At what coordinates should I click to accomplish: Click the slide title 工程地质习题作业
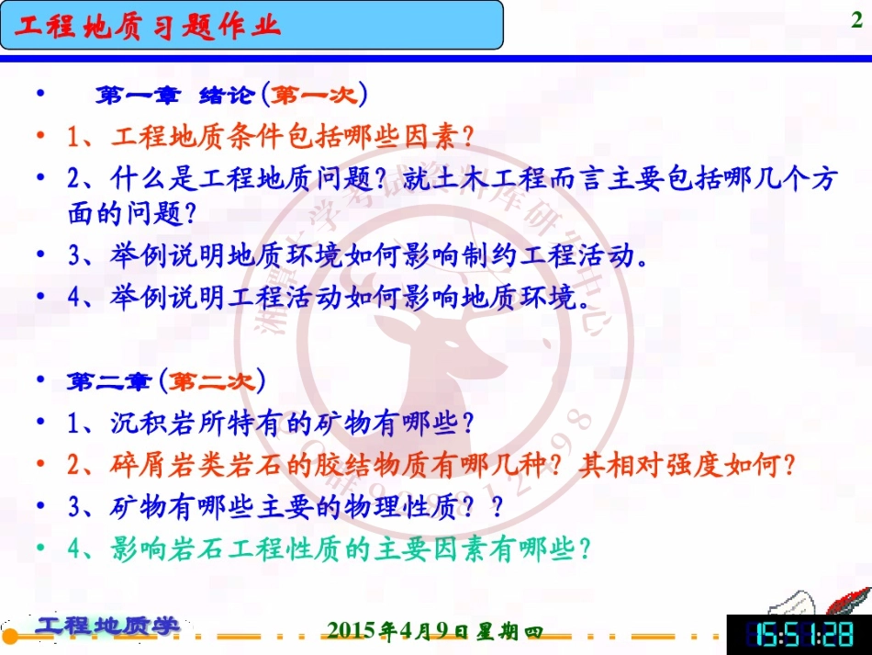(x=147, y=26)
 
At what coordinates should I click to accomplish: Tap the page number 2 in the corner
(x=856, y=20)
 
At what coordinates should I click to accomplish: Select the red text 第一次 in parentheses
(x=314, y=96)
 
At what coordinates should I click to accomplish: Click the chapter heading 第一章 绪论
(x=174, y=96)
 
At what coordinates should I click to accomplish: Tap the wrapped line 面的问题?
(x=132, y=213)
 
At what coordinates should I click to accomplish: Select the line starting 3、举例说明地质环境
(x=357, y=255)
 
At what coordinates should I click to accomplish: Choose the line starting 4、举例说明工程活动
(x=328, y=297)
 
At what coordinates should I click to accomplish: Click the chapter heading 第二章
(x=109, y=382)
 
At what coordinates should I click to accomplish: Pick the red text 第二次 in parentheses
(x=212, y=382)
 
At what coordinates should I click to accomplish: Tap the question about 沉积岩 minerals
(x=270, y=423)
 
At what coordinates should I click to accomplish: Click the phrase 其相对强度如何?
(x=687, y=465)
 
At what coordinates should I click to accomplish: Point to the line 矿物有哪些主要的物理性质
(x=285, y=507)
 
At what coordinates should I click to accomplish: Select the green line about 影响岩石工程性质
(x=328, y=549)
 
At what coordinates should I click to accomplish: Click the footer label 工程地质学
(x=107, y=626)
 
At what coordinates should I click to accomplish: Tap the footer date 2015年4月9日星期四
(x=434, y=631)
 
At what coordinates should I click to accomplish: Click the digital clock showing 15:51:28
(x=799, y=635)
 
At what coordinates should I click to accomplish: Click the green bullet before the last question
(x=40, y=548)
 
